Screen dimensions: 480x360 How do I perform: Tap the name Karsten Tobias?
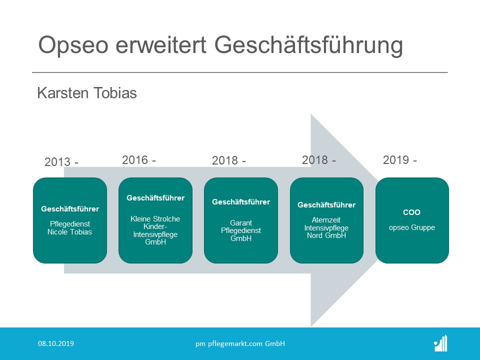[87, 93]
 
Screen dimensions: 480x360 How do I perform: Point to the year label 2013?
[57, 161]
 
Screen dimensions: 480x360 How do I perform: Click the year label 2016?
[135, 160]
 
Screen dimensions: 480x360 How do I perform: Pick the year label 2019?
[396, 160]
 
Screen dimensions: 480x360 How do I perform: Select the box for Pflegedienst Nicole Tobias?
[70, 220]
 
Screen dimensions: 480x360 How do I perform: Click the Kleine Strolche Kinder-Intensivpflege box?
[155, 220]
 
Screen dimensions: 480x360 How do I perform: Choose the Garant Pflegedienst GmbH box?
[241, 220]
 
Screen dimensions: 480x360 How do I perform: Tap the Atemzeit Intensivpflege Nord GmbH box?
[326, 220]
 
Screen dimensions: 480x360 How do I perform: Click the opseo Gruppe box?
[412, 220]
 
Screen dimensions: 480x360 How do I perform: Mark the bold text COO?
[411, 212]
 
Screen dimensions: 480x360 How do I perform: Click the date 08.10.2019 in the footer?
[56, 343]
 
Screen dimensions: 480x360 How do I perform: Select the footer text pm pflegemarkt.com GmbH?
[240, 344]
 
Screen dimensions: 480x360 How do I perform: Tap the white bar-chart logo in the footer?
[441, 343]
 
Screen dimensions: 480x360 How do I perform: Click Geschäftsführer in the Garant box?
[241, 202]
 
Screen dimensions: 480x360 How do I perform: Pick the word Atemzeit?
[326, 220]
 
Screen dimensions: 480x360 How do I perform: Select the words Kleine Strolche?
[155, 219]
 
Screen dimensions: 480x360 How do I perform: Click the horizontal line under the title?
[240, 72]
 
